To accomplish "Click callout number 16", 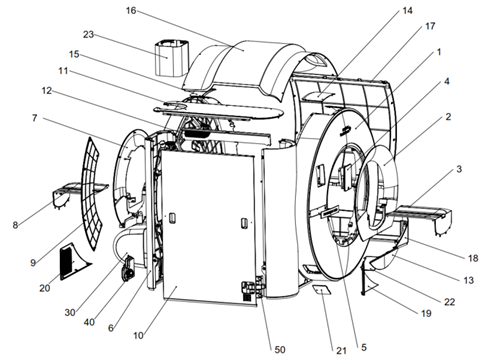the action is coord(131,11).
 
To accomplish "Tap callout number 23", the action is coord(88,34).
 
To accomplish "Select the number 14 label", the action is coord(407,11).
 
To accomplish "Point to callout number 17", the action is coord(430,26).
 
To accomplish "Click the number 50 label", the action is coord(280,349).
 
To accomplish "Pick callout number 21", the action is coord(341,350).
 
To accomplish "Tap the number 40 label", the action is coord(89,322).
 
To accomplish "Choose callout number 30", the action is coord(70,312).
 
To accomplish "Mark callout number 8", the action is coord(15,225).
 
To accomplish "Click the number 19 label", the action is coord(426,313).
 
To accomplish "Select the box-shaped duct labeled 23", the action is coord(172,58).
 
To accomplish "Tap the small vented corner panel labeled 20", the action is coord(72,261).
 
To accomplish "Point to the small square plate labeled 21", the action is coord(322,290).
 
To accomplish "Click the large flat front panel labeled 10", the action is coord(208,227).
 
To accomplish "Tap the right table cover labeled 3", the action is coord(423,217).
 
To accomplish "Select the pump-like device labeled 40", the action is coord(128,270).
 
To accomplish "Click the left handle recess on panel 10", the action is coord(172,218).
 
